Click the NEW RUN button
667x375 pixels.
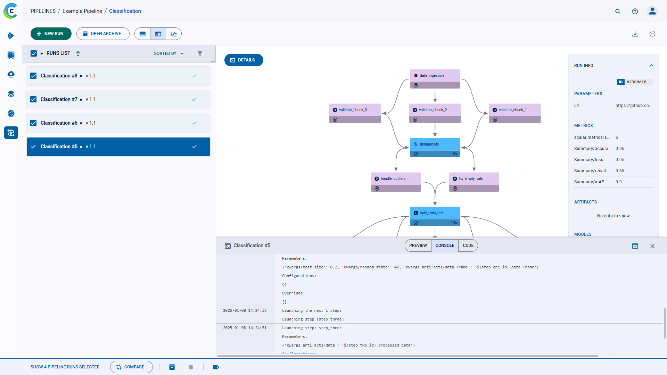[51, 34]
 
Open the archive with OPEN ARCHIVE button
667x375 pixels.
[103, 34]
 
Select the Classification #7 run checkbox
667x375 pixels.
[33, 99]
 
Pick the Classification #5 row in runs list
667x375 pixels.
[118, 147]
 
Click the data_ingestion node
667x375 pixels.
[435, 79]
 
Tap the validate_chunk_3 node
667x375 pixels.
[355, 113]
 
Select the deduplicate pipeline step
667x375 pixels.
[435, 148]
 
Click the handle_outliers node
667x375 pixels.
[396, 182]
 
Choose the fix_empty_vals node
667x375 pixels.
[474, 182]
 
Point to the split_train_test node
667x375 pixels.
[435, 216]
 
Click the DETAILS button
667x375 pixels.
[244, 60]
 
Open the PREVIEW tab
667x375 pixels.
[418, 245]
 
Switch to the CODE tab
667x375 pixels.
[468, 245]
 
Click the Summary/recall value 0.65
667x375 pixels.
[620, 171]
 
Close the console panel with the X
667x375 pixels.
[652, 246]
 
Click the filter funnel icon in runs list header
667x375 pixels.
[200, 53]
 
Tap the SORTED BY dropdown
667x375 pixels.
[168, 53]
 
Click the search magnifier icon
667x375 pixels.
[618, 11]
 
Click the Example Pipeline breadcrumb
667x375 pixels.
[82, 11]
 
